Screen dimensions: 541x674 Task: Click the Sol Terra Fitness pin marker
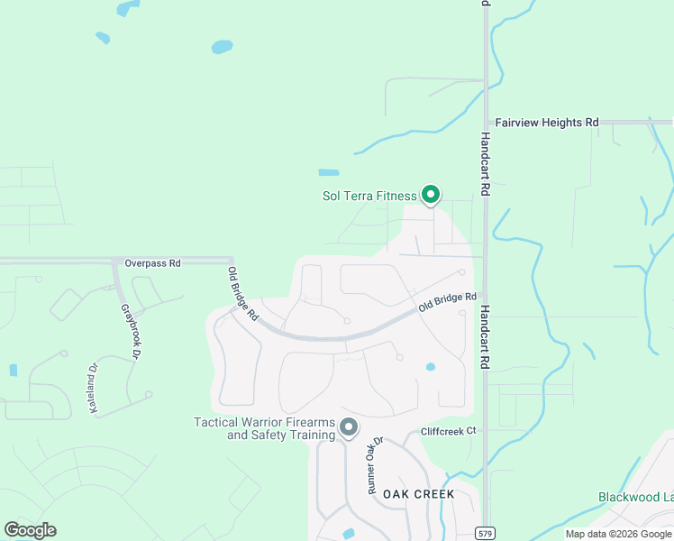point(431,194)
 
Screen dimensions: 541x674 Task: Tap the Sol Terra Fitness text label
point(369,196)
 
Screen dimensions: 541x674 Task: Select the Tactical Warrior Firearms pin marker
point(349,427)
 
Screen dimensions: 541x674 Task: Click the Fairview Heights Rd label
point(548,123)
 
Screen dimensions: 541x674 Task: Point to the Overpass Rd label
point(153,263)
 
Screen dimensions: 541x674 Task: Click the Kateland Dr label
point(92,389)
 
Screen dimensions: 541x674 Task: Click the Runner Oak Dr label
point(374,464)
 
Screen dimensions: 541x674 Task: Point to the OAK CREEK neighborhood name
point(418,495)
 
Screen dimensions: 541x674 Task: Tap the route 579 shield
point(486,534)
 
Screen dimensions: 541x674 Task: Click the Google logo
point(30,530)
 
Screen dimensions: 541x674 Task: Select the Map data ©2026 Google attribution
point(619,534)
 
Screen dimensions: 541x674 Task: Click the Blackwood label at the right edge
point(635,497)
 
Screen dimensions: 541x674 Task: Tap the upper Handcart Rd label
point(485,165)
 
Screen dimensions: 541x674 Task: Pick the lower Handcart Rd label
point(485,334)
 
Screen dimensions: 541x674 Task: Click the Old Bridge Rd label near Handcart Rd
point(447,304)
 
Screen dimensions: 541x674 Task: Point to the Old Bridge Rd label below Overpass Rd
point(243,295)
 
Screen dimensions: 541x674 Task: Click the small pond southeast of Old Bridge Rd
point(431,367)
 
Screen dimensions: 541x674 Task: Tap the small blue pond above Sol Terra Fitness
point(329,172)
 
